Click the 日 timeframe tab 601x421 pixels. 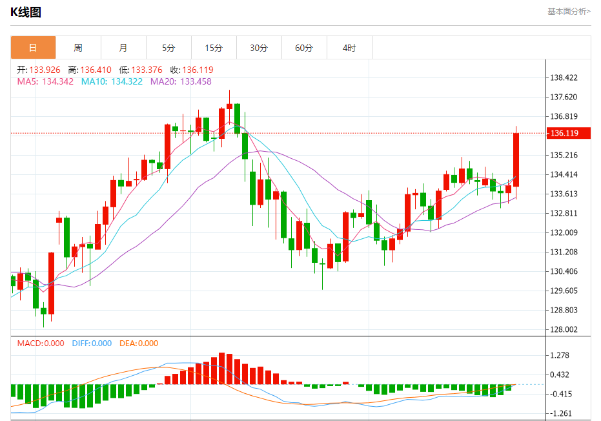[x=33, y=48]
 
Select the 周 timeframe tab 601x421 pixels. [x=78, y=48]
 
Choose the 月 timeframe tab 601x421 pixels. [x=123, y=48]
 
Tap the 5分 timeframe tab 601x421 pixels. [x=168, y=48]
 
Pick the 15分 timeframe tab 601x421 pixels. [x=214, y=48]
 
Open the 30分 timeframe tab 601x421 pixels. [x=259, y=48]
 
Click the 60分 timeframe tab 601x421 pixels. [x=304, y=48]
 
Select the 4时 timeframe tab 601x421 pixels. [x=349, y=48]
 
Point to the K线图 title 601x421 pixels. [x=26, y=12]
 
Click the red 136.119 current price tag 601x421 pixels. [x=563, y=133]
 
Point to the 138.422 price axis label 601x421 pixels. [x=564, y=78]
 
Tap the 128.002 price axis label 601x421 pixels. [x=564, y=330]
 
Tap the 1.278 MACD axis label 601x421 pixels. [x=558, y=356]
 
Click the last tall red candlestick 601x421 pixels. [x=516, y=159]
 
